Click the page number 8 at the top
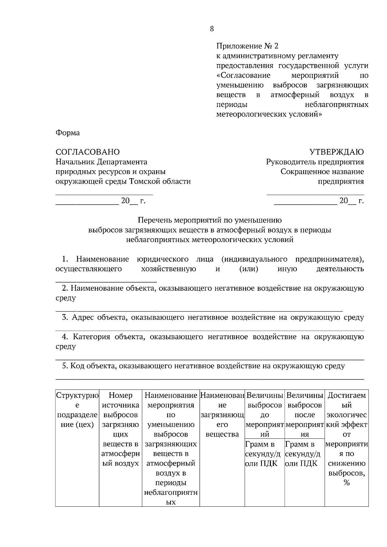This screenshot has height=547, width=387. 212,29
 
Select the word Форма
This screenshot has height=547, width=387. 67,133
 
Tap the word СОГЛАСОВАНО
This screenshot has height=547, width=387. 87,152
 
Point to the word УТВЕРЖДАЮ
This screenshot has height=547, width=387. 336,152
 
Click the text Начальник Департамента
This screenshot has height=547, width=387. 101,162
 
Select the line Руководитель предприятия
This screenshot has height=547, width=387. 315,162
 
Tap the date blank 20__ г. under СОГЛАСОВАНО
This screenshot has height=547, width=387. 133,201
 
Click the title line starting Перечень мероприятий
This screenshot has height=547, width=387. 210,220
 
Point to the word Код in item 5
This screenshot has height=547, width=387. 77,366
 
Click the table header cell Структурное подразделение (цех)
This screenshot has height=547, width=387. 77,410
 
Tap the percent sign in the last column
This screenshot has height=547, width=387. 347,483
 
